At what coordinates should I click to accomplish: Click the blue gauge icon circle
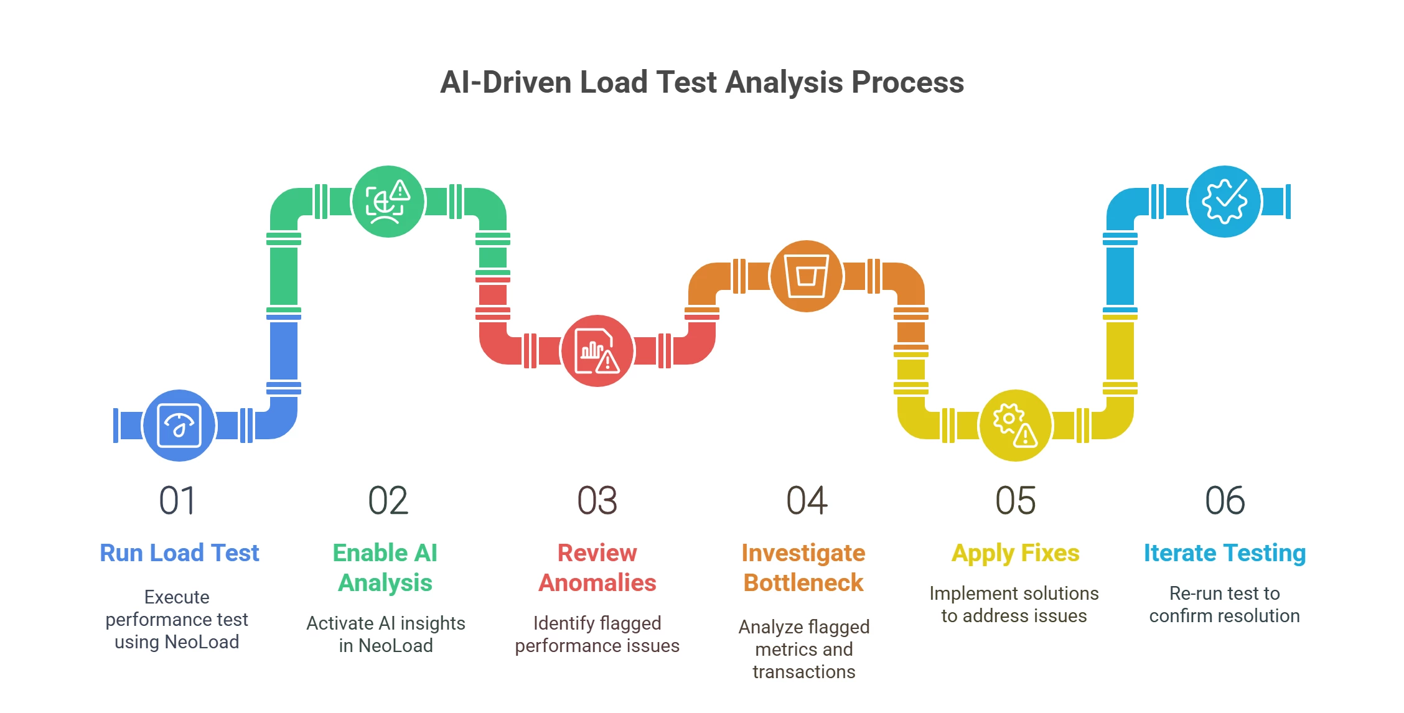179,426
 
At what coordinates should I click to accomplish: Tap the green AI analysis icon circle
388,202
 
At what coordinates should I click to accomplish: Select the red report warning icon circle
597,351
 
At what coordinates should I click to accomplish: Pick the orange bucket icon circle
806,276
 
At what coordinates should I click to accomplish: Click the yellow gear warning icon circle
1015,426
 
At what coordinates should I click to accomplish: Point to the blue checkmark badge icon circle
1224,202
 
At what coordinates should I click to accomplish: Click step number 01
177,501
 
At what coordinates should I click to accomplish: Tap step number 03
597,501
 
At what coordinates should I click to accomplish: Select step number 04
807,501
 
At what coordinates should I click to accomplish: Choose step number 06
1225,501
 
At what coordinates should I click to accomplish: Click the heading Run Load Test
179,553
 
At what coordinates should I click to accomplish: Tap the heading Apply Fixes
1015,553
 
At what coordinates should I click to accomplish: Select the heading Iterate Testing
1224,553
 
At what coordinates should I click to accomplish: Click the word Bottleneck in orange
803,583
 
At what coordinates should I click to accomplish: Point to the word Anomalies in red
597,583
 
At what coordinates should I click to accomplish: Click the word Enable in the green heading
370,553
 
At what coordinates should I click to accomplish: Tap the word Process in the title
907,82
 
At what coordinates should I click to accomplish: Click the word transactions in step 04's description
803,672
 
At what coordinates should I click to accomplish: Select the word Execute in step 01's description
177,597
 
